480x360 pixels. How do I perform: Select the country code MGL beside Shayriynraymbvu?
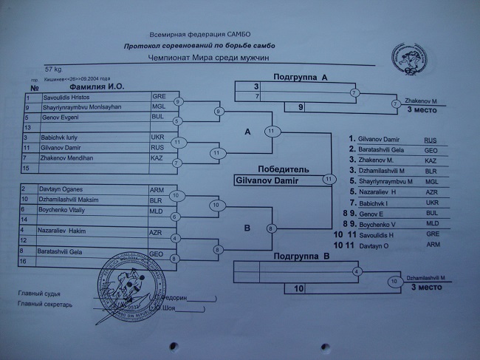point(159,106)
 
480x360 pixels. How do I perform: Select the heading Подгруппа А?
point(300,76)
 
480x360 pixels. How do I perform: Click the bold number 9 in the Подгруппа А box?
point(301,107)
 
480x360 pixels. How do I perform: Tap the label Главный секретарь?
point(46,305)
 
